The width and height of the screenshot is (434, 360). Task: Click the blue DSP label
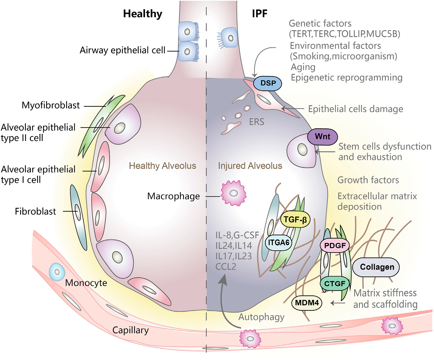click(268, 83)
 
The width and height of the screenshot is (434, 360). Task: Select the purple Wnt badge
click(322, 137)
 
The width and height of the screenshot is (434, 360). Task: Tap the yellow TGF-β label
click(295, 220)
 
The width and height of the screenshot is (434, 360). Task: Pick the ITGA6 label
click(278, 243)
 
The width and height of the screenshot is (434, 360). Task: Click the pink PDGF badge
click(335, 245)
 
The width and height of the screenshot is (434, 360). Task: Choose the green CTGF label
click(335, 284)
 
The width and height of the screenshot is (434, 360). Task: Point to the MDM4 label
click(307, 303)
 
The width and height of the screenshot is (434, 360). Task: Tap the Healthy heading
click(142, 14)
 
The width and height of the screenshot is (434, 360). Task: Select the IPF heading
click(260, 14)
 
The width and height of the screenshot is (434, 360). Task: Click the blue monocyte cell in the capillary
click(57, 272)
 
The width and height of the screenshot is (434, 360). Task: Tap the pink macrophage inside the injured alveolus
click(233, 193)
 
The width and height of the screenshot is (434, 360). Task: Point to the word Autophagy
click(261, 317)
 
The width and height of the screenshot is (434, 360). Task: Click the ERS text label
click(256, 122)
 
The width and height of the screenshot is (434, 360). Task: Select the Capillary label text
click(130, 330)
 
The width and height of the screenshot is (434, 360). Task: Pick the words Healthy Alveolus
click(162, 166)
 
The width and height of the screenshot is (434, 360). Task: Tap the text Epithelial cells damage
click(355, 109)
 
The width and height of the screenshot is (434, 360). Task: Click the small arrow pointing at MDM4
click(338, 303)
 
